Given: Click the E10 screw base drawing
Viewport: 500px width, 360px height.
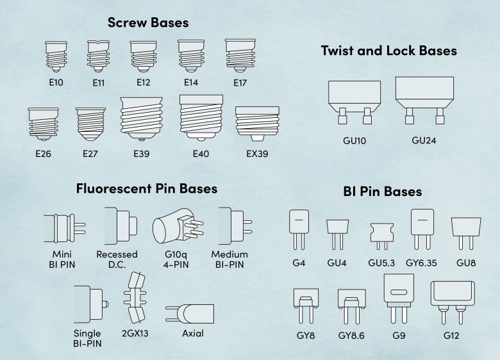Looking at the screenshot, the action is tap(56, 56).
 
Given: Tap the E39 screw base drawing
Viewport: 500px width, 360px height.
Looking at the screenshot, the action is tap(141, 119).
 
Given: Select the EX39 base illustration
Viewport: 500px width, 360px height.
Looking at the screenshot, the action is tap(257, 124).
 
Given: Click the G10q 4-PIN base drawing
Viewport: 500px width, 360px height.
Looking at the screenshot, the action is tap(178, 225).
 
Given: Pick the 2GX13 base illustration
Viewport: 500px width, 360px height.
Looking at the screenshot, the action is tap(135, 297).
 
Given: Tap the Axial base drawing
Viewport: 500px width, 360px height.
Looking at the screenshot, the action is tap(190, 313).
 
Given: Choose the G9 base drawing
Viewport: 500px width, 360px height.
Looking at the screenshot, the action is tap(399, 299).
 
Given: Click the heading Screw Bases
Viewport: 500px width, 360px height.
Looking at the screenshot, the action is tap(148, 22).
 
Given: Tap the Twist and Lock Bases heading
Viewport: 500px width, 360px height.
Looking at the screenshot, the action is tap(388, 51).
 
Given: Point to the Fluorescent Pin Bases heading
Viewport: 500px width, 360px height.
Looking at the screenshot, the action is tap(147, 188).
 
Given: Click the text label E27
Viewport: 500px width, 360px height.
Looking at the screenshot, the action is tap(90, 154).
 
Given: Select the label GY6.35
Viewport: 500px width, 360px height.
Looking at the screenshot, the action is tap(421, 263).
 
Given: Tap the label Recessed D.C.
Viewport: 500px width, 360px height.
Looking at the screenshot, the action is tap(117, 259).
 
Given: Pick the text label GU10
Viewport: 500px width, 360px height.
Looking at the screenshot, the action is tap(354, 140).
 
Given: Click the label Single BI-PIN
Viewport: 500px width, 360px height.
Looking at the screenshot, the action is tap(87, 338).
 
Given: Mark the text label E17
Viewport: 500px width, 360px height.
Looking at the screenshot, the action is tap(240, 83).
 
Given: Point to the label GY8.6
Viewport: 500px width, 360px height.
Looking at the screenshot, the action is tap(351, 336).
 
